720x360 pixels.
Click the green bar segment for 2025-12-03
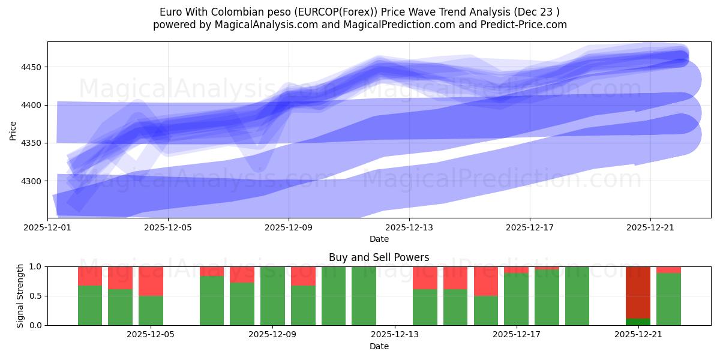[90, 305]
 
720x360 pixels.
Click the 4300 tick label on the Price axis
[31, 181]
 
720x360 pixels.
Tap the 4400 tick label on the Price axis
[31, 105]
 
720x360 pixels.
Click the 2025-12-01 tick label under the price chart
[48, 228]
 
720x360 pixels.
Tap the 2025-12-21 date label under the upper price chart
[650, 228]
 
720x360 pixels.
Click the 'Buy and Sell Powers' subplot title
[379, 257]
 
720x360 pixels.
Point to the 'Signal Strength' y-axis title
[20, 296]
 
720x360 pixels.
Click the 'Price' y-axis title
[13, 130]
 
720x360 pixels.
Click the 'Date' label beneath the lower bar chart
[379, 346]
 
